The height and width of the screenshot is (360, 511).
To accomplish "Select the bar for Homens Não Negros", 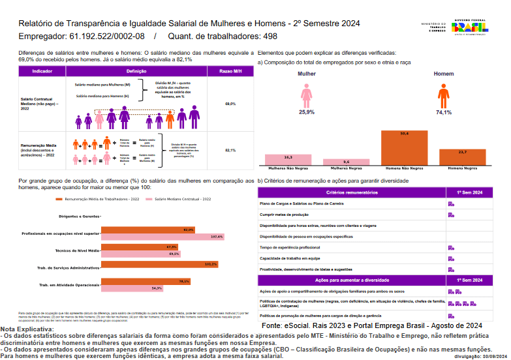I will (405, 148).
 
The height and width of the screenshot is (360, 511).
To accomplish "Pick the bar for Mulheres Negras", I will (347, 162).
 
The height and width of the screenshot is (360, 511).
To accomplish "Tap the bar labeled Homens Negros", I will (462, 157).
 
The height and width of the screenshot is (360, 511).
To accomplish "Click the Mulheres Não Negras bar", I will (288, 160).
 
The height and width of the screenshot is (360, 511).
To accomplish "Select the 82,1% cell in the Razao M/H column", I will (230, 150).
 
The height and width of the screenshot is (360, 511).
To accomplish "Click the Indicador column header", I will (42, 70).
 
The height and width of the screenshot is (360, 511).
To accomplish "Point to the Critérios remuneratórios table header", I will (352, 192).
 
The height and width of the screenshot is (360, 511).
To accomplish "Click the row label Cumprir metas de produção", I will (285, 214).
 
